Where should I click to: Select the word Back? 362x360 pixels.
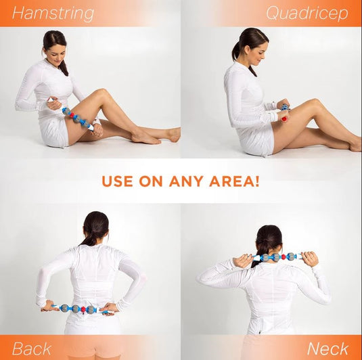tap(31, 348)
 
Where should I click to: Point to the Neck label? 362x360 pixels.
tap(327, 348)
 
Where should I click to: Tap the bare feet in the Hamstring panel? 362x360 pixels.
tap(156, 137)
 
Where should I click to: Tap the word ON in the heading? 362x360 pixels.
tap(155, 181)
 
